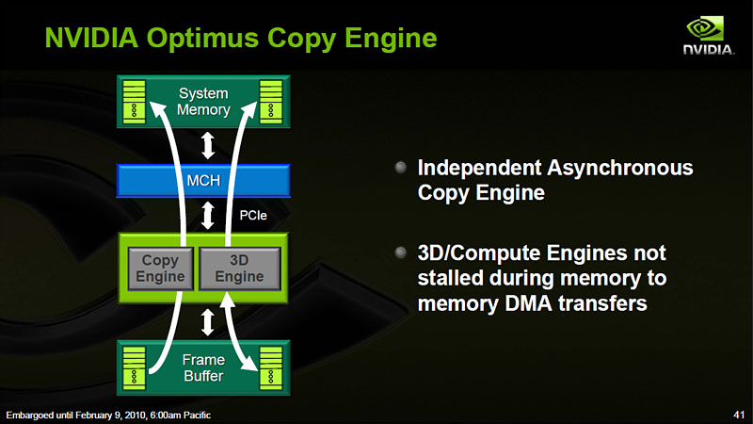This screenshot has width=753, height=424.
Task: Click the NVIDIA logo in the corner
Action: pos(709,35)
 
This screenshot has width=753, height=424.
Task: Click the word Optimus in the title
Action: pos(203,39)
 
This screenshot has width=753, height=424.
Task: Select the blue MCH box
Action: pos(203,181)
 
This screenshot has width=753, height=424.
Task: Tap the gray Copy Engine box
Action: pos(160,269)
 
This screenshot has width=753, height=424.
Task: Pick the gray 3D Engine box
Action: pos(239,269)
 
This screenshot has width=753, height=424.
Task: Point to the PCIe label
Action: pos(253,216)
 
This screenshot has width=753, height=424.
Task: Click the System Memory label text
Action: pos(203,102)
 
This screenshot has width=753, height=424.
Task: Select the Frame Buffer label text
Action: pos(203,367)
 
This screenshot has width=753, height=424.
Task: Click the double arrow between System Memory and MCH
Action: pos(207,146)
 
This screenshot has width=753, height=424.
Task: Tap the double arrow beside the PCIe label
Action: pos(207,216)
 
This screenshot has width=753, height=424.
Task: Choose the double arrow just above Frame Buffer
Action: pos(207,322)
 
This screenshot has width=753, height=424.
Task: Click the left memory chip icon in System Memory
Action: pos(134,102)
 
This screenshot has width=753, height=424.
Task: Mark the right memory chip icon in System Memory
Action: pos(271,102)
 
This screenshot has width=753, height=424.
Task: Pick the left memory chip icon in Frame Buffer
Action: pos(134,368)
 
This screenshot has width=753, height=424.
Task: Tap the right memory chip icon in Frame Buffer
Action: pos(271,368)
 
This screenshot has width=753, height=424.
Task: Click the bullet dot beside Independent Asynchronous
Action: pos(401,168)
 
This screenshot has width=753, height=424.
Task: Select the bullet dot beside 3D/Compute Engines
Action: pos(401,253)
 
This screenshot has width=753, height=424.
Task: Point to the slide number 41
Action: pos(739,415)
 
